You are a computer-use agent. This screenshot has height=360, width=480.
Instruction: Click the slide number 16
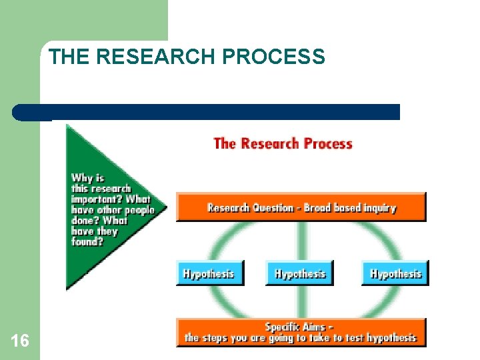tap(20, 341)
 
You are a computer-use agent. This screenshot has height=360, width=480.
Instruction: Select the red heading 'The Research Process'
tap(283, 143)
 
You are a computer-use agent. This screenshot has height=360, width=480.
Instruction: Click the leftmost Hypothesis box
tap(209, 273)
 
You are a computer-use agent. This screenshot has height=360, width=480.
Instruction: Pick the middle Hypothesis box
tap(299, 273)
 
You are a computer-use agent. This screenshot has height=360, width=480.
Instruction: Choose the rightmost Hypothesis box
tap(395, 273)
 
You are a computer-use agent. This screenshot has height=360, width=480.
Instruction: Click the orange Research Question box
tap(301, 207)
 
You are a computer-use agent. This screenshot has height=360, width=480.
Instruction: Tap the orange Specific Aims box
tap(301, 332)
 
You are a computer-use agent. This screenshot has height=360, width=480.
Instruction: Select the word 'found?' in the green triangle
tap(87, 242)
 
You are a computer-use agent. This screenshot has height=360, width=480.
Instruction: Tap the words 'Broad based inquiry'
tap(350, 208)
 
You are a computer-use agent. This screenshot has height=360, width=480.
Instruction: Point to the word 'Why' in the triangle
tap(81, 178)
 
